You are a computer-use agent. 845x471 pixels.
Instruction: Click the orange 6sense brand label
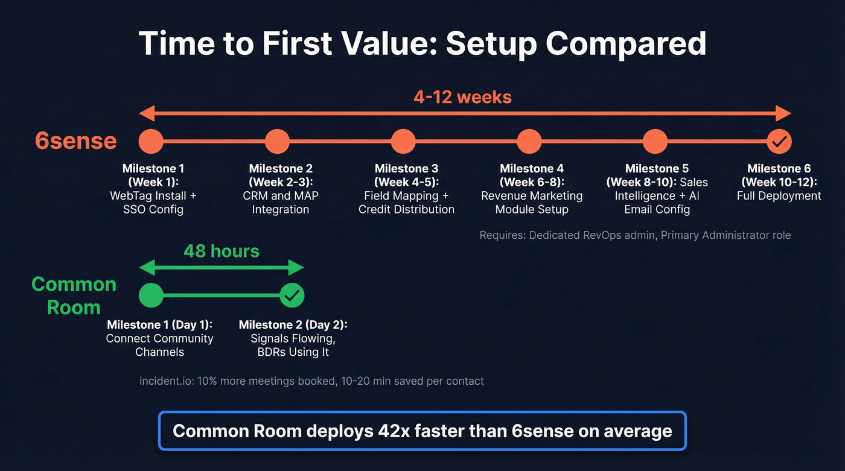75,141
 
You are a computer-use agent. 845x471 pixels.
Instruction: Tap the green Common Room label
74,296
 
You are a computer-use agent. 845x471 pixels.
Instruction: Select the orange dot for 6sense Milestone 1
151,142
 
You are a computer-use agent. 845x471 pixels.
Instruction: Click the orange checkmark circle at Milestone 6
779,142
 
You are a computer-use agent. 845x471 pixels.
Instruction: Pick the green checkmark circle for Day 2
292,296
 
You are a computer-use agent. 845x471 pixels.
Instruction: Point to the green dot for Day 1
151,296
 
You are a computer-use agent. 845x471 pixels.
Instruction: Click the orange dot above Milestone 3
403,142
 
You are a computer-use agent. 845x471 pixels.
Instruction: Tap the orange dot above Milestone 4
529,142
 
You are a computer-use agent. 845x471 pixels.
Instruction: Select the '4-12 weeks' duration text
462,96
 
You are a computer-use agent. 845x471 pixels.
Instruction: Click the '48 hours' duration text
222,251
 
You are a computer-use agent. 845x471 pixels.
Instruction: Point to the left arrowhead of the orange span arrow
145,113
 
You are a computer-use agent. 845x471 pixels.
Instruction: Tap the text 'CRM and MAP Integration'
281,203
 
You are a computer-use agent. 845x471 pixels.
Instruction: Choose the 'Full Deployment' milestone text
779,196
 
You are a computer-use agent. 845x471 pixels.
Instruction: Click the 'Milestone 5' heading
657,168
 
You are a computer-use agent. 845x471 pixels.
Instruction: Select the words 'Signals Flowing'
293,338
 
